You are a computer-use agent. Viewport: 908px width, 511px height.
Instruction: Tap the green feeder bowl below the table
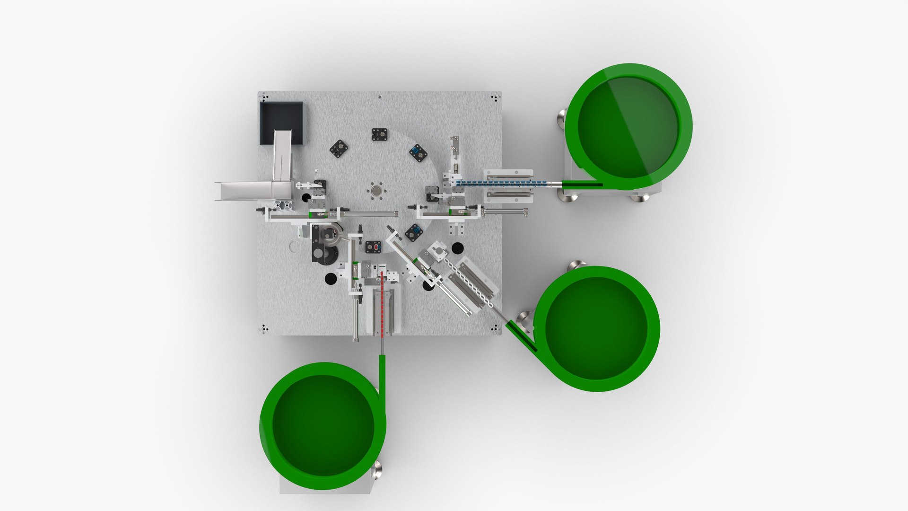tap(323, 426)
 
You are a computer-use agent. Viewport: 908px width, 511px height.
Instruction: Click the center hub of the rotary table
tap(376, 191)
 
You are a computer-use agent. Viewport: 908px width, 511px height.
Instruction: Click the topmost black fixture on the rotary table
tap(379, 135)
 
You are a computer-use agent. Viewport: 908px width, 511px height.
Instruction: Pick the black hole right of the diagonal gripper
tap(457, 248)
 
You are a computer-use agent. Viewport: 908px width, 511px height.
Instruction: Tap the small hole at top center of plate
tap(380, 97)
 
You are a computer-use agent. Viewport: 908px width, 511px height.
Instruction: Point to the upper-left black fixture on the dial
tap(339, 149)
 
